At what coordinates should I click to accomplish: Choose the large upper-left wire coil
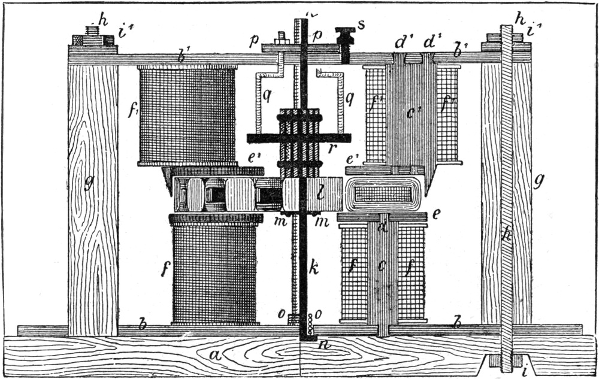pyautogui.click(x=187, y=114)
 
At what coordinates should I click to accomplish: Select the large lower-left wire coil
pyautogui.click(x=214, y=273)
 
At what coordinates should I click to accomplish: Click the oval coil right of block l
pyautogui.click(x=384, y=194)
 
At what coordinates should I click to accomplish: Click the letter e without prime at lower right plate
pyautogui.click(x=436, y=214)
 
